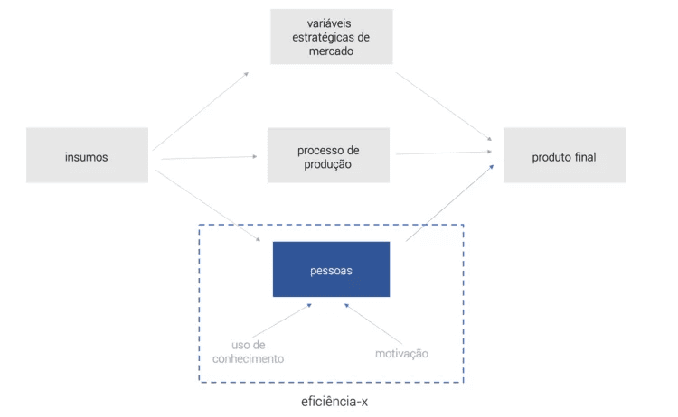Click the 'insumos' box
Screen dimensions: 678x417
click(87, 155)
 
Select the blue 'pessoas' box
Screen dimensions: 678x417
click(331, 269)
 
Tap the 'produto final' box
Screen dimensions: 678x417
click(564, 155)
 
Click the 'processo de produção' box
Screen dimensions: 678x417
click(328, 155)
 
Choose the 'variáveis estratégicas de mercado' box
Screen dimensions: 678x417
click(332, 37)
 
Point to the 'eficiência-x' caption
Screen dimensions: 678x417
click(334, 402)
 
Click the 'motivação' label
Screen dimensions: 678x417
click(401, 354)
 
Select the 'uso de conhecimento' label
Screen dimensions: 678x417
click(249, 352)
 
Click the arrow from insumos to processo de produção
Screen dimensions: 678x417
click(210, 158)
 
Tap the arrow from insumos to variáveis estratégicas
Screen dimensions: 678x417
click(201, 111)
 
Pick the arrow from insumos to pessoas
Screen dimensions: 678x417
click(208, 206)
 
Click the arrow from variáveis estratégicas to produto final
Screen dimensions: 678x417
click(444, 107)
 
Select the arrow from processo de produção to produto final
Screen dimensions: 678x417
click(444, 153)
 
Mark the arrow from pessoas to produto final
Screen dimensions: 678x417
click(449, 203)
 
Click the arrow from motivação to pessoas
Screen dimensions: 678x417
click(373, 324)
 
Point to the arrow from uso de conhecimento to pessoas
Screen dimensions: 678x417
click(282, 320)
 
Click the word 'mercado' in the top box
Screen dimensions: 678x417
click(331, 51)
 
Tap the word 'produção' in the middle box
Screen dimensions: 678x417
click(327, 164)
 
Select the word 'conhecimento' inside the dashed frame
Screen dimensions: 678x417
click(249, 358)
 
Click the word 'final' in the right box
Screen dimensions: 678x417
click(585, 157)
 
